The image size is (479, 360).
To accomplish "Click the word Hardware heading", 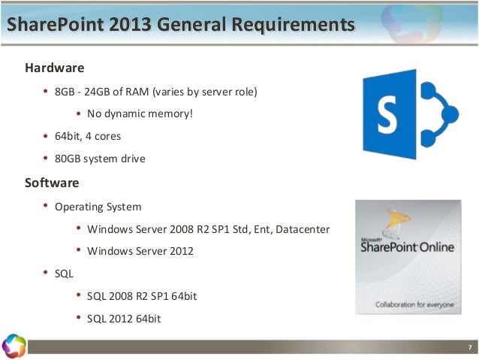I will tap(54, 68).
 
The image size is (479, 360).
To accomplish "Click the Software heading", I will tap(52, 183).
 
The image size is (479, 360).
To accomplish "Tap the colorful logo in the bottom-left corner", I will tap(14, 345).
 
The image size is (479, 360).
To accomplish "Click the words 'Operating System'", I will tap(98, 206).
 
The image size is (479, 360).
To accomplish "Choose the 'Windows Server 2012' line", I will tap(140, 251).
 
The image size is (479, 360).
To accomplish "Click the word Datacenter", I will tap(302, 228).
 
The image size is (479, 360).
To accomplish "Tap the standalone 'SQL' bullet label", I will tap(65, 274).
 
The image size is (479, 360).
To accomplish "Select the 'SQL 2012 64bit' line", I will tap(124, 319).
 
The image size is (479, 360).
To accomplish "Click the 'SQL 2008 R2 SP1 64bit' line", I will tap(142, 296).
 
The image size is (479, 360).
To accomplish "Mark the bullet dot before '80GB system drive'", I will tap(46, 159).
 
